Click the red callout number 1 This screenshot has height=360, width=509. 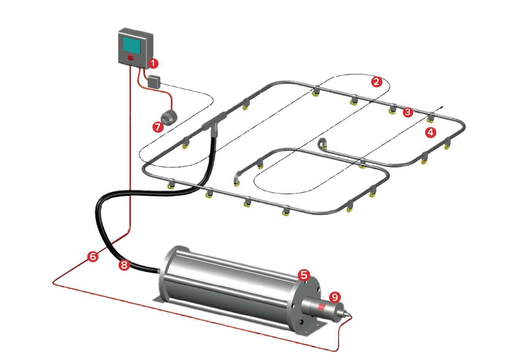click(x=153, y=63)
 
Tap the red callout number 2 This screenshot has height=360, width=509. click(x=376, y=81)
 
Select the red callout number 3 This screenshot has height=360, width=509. click(x=408, y=112)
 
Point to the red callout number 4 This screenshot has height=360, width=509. click(x=430, y=132)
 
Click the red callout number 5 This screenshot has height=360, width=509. click(x=304, y=275)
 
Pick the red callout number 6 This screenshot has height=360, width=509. click(x=93, y=257)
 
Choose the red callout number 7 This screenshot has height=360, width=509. click(x=158, y=127)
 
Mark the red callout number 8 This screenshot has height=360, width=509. click(x=124, y=265)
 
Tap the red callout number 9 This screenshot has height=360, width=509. click(x=334, y=297)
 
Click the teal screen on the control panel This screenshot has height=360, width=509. click(x=132, y=45)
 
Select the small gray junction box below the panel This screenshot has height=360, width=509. click(x=154, y=81)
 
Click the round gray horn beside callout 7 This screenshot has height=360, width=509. click(x=169, y=117)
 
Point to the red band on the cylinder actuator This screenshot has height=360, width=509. click(x=321, y=307)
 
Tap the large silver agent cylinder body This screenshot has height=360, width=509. click(x=228, y=284)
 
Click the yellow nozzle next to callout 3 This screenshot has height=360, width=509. click(x=392, y=110)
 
